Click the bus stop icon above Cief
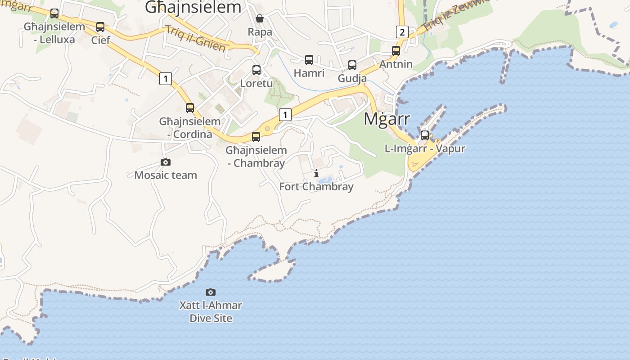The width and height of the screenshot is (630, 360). tap(100, 27)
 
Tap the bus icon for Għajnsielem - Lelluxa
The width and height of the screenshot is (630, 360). tap(54, 13)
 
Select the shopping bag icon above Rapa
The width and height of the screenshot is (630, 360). tap(260, 18)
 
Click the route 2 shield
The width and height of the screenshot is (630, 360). tap(402, 32)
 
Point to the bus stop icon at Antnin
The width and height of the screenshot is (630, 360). tap(396, 51)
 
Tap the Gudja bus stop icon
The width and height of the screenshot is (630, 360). tap(352, 65)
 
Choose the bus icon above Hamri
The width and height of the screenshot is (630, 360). tap(309, 59)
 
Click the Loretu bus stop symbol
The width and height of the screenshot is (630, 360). tap(256, 70)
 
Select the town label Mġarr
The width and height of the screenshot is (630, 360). tap(387, 119)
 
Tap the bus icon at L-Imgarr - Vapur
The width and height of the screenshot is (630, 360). tap(425, 135)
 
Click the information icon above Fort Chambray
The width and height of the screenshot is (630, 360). tap(316, 173)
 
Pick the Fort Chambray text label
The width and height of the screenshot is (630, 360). tap(316, 186)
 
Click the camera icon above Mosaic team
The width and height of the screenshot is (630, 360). tap(166, 162)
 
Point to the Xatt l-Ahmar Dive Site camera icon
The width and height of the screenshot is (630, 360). tap(211, 292)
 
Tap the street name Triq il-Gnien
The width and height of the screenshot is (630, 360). tap(195, 38)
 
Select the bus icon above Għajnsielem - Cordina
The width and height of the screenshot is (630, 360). tap(190, 108)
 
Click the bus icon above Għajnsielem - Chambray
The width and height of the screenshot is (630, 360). tap(256, 137)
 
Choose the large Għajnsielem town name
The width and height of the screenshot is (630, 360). tap(193, 8)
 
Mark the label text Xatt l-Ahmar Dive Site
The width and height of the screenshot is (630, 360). tap(211, 311)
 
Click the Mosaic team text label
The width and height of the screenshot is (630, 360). tap(166, 175)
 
